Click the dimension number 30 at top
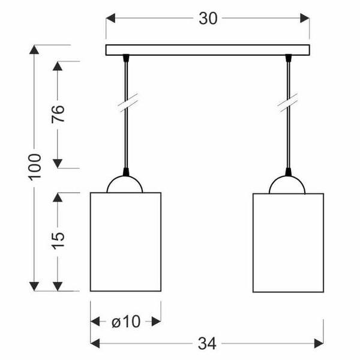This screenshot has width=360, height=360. point(208,19)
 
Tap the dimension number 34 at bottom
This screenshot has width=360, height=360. point(206,343)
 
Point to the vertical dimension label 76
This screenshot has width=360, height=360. point(58,113)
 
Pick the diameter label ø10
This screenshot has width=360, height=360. point(125,322)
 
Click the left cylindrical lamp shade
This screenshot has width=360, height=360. point(125,242)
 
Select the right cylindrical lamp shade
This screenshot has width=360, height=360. point(288,242)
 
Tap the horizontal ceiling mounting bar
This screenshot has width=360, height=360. point(208,50)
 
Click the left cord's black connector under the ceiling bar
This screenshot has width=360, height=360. point(126,59)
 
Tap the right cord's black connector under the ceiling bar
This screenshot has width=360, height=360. point(289,59)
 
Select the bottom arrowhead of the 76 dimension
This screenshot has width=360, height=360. point(58,163)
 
